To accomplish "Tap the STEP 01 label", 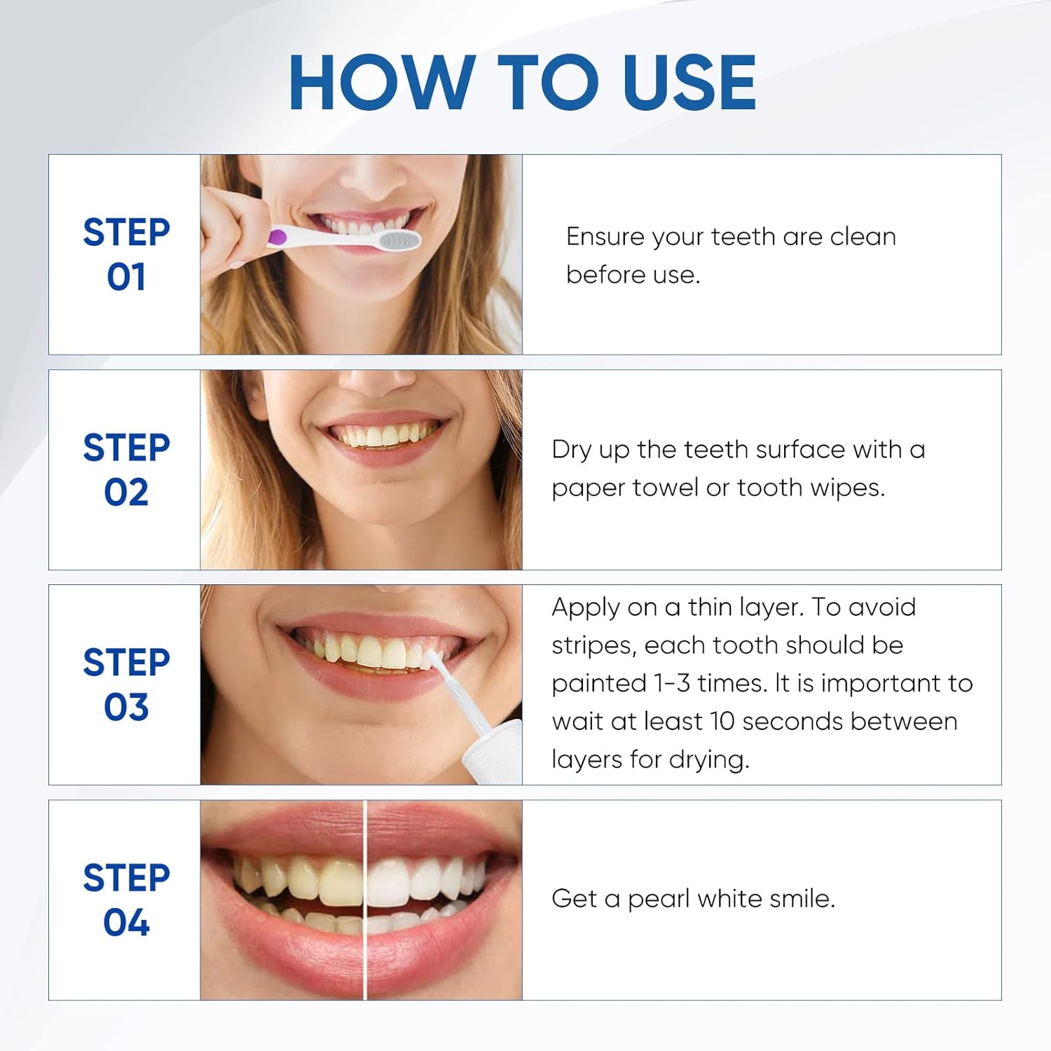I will (126, 254).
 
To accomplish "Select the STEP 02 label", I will (126, 469).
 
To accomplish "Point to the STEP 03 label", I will (126, 685).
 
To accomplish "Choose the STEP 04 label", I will (126, 900).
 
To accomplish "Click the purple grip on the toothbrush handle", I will (277, 237).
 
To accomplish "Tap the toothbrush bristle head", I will (398, 240).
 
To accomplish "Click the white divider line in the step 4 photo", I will (365, 900).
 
